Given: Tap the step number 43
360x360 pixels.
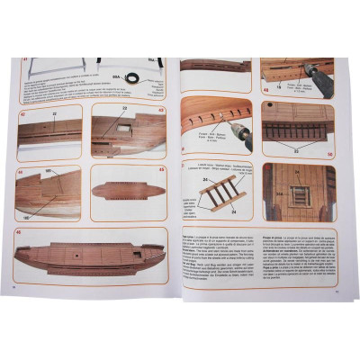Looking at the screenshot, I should [160, 111].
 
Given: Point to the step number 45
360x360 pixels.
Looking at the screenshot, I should [162, 168].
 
